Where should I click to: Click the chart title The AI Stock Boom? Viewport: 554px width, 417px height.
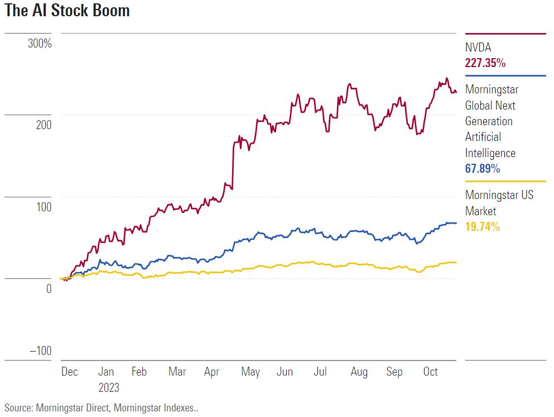pyautogui.click(x=67, y=11)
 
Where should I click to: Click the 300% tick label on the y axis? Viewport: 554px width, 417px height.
pyautogui.click(x=40, y=43)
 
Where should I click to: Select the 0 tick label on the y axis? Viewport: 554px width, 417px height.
pyautogui.click(x=49, y=288)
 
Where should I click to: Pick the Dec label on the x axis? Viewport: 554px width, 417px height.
pyautogui.click(x=69, y=372)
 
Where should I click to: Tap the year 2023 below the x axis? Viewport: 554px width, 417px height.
pyautogui.click(x=109, y=387)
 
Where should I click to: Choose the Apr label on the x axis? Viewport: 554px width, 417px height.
pyautogui.click(x=212, y=372)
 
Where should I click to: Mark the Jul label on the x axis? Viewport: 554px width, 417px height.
pyautogui.click(x=320, y=372)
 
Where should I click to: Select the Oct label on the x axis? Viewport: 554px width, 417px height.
pyautogui.click(x=430, y=372)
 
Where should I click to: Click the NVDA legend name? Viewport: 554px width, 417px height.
pyautogui.click(x=479, y=48)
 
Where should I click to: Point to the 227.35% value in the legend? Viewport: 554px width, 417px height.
pyautogui.click(x=485, y=63)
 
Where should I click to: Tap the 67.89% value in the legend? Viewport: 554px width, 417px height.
pyautogui.click(x=483, y=169)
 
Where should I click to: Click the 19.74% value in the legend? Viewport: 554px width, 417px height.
pyautogui.click(x=483, y=227)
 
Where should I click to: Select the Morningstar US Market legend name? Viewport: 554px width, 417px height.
pyautogui.click(x=499, y=203)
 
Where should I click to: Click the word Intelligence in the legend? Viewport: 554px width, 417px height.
pyautogui.click(x=490, y=153)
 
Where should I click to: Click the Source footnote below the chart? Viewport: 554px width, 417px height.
pyautogui.click(x=101, y=407)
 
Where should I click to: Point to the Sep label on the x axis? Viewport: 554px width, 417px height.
pyautogui.click(x=394, y=372)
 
